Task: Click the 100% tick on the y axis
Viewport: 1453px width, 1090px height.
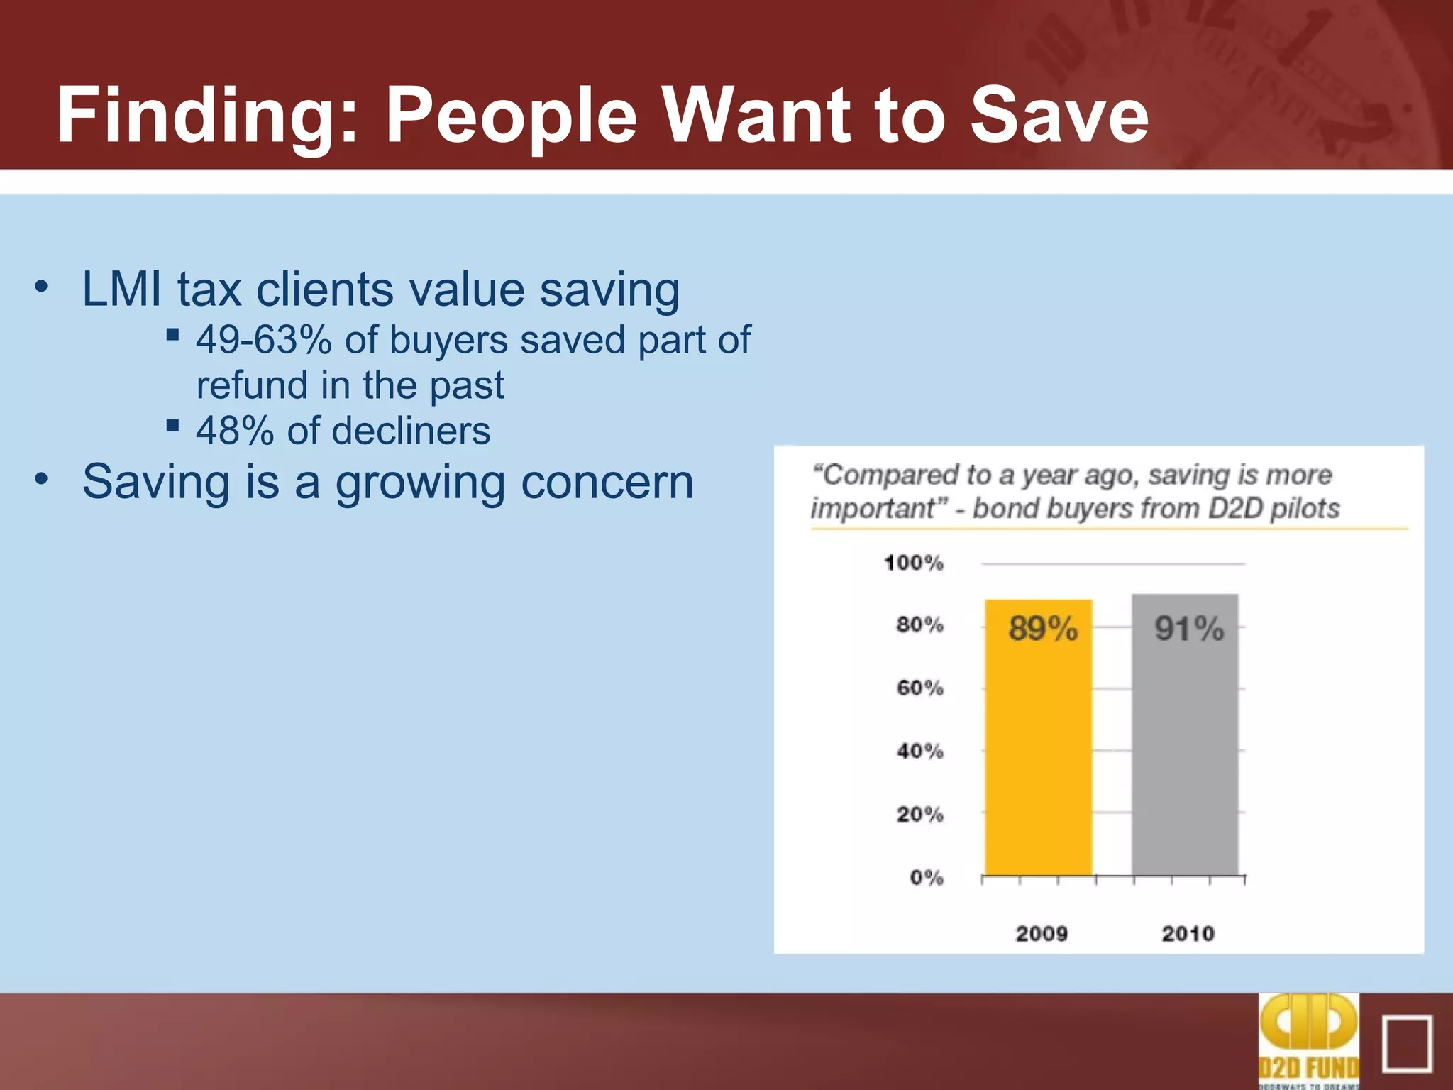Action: [914, 563]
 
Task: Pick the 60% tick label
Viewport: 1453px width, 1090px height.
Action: [919, 688]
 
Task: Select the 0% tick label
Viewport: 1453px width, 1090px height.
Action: [927, 878]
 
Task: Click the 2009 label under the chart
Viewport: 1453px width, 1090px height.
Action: [1041, 933]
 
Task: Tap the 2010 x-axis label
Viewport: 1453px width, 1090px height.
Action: [1187, 933]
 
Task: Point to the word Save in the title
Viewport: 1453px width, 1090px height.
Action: [1059, 115]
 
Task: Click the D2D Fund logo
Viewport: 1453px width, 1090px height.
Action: [1309, 1040]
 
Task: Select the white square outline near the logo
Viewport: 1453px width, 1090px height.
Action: [1407, 1044]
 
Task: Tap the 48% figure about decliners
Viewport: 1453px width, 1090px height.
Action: [235, 431]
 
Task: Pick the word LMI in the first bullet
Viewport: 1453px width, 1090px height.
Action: [123, 290]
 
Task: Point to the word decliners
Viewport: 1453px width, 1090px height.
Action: [411, 431]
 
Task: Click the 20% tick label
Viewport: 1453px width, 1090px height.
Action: [919, 814]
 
